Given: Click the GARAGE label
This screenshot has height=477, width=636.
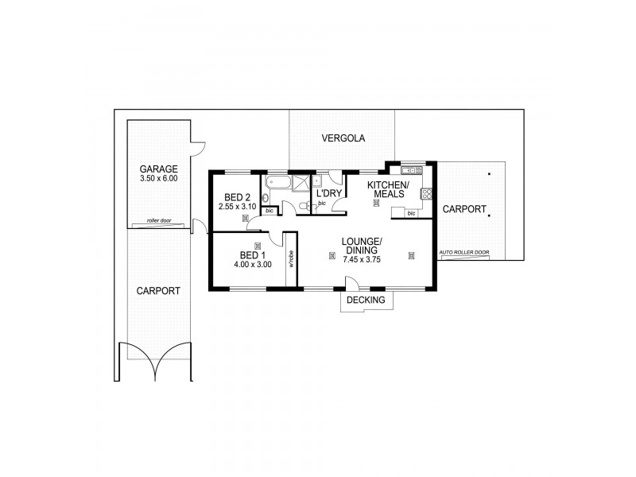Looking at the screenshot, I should point(159,169).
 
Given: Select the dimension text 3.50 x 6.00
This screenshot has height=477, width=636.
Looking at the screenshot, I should point(159,179).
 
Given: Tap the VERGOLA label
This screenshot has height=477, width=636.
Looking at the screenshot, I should point(343,138).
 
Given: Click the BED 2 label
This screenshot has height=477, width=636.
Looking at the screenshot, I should point(238,197).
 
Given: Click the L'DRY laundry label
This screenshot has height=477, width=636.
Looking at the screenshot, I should point(329,193).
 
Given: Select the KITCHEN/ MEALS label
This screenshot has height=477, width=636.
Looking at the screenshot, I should point(387,190).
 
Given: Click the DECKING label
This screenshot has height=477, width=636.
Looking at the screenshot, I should point(366,301).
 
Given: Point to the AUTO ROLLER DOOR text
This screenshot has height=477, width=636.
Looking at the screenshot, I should point(464,254).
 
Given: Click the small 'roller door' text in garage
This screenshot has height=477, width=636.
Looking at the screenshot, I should point(159,221).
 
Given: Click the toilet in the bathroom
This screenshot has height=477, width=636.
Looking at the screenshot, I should point(304,206).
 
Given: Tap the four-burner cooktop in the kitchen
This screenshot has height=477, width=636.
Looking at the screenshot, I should point(426,193).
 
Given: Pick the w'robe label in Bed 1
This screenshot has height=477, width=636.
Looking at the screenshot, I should point(292,258).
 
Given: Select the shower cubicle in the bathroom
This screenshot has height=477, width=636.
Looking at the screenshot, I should point(302,182).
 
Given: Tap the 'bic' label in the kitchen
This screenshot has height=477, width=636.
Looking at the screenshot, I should point(411,213).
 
